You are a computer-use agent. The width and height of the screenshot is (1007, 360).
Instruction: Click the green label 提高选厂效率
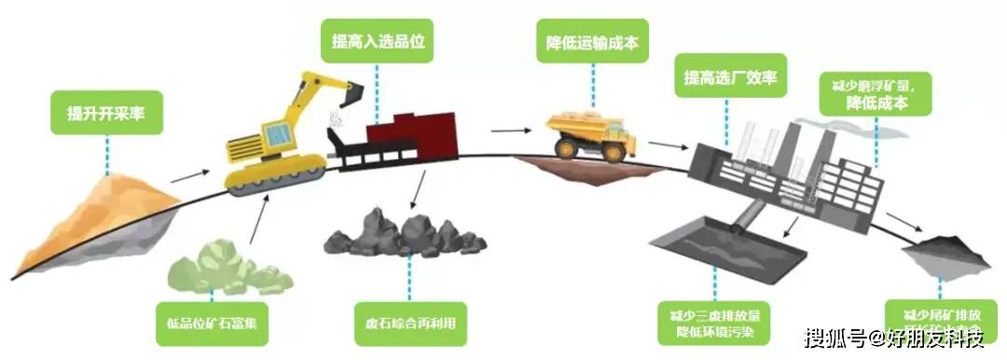(730, 76)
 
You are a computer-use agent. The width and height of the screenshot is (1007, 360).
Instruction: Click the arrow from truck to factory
(664, 146)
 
